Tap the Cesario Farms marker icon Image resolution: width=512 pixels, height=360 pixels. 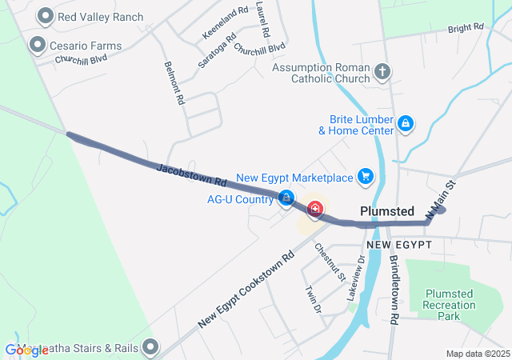pyautogui.click(x=37, y=46)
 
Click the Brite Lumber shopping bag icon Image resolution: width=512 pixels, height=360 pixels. pyautogui.click(x=406, y=124)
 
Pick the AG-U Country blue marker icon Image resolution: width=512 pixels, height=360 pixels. pyautogui.click(x=286, y=198)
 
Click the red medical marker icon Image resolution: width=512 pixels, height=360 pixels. pyautogui.click(x=315, y=210)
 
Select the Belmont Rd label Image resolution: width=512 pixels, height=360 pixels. pyautogui.click(x=174, y=83)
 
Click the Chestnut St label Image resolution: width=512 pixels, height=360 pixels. pyautogui.click(x=330, y=262)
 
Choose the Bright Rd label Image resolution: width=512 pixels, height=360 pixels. pyautogui.click(x=466, y=28)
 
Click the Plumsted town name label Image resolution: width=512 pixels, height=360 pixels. pyautogui.click(x=387, y=212)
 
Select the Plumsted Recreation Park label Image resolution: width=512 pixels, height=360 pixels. pyautogui.click(x=454, y=305)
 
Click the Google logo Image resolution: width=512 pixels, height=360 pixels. pyautogui.click(x=26, y=350)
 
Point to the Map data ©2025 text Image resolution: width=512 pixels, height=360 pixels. pyautogui.click(x=478, y=354)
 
